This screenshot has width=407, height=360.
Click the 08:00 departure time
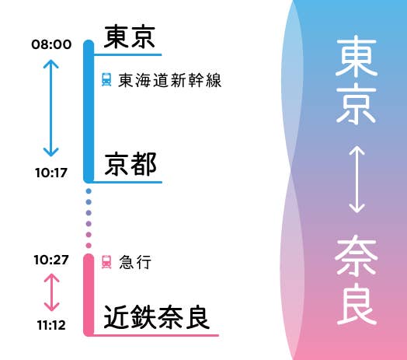(51, 44)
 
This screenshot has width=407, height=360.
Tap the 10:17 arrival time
(51, 173)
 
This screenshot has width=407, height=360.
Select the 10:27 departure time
(51, 260)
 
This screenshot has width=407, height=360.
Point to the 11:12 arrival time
(51, 325)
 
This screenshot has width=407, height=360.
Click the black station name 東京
(130, 37)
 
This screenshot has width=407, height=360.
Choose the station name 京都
(130, 164)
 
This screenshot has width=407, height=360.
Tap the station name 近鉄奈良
(157, 317)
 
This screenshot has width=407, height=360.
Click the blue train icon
(106, 79)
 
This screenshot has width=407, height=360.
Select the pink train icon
(106, 262)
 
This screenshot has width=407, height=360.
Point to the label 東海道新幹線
(170, 80)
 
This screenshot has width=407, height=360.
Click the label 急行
(135, 262)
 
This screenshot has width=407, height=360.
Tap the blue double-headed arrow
(51, 108)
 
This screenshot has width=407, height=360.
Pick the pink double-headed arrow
(52, 292)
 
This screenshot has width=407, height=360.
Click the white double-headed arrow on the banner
(357, 180)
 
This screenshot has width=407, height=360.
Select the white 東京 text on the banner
(356, 81)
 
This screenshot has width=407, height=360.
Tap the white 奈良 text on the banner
(356, 279)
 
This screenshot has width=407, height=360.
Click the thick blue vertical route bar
(89, 111)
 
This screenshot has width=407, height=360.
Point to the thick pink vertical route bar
(89, 295)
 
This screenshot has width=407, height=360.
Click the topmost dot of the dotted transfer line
(89, 191)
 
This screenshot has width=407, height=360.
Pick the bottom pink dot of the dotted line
(89, 246)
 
